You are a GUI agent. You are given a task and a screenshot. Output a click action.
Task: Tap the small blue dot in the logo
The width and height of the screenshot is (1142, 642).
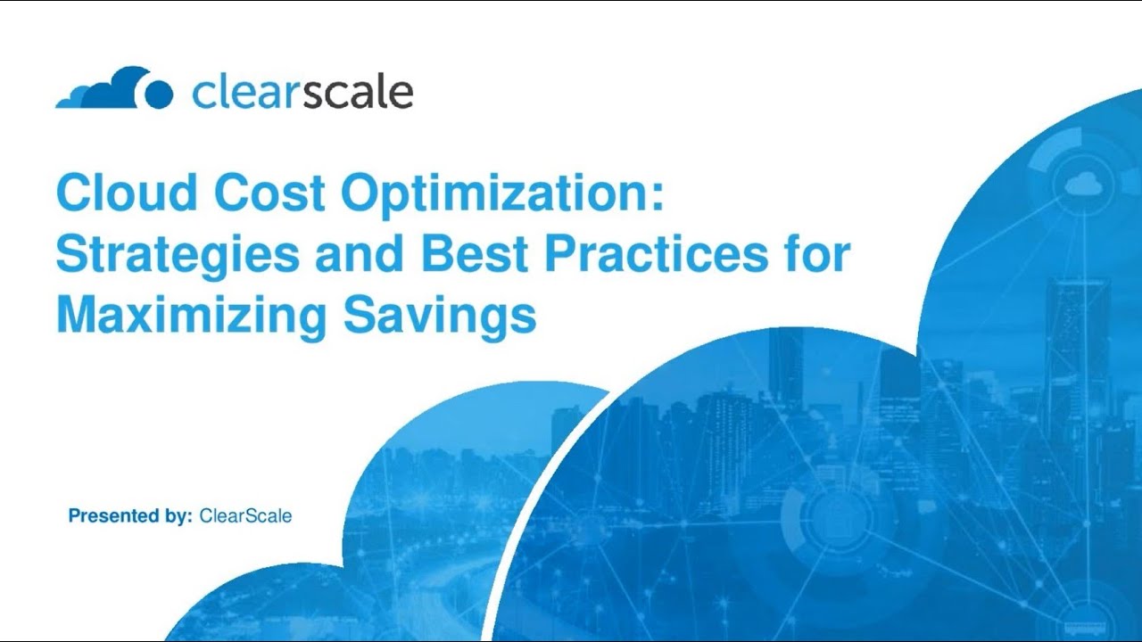coord(158,94)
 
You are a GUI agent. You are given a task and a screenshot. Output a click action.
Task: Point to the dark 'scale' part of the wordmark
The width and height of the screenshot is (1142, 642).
coord(357,93)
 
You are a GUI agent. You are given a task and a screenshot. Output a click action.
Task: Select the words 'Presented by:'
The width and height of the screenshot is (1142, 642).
coord(130,515)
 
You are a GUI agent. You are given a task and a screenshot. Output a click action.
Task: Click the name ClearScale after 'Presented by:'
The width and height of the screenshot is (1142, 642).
coord(245,515)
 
